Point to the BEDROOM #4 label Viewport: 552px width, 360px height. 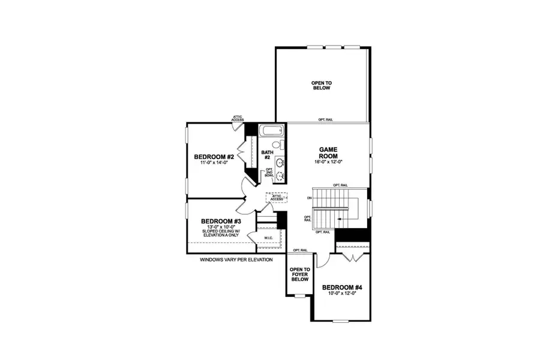[342, 287]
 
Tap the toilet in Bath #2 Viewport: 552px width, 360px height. [277, 145]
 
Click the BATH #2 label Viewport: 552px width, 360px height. [267, 155]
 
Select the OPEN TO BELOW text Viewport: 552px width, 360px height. [322, 85]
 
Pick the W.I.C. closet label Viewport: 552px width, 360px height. [269, 238]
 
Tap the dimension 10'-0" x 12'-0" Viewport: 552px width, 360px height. [342, 294]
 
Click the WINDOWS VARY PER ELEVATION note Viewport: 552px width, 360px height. [236, 260]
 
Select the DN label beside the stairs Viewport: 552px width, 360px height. [308, 197]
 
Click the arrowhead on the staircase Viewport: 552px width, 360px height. [338, 220]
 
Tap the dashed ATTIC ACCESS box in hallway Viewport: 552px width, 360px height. [277, 197]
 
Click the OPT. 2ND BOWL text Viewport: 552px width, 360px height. [269, 173]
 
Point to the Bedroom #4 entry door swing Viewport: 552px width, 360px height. [321, 259]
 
